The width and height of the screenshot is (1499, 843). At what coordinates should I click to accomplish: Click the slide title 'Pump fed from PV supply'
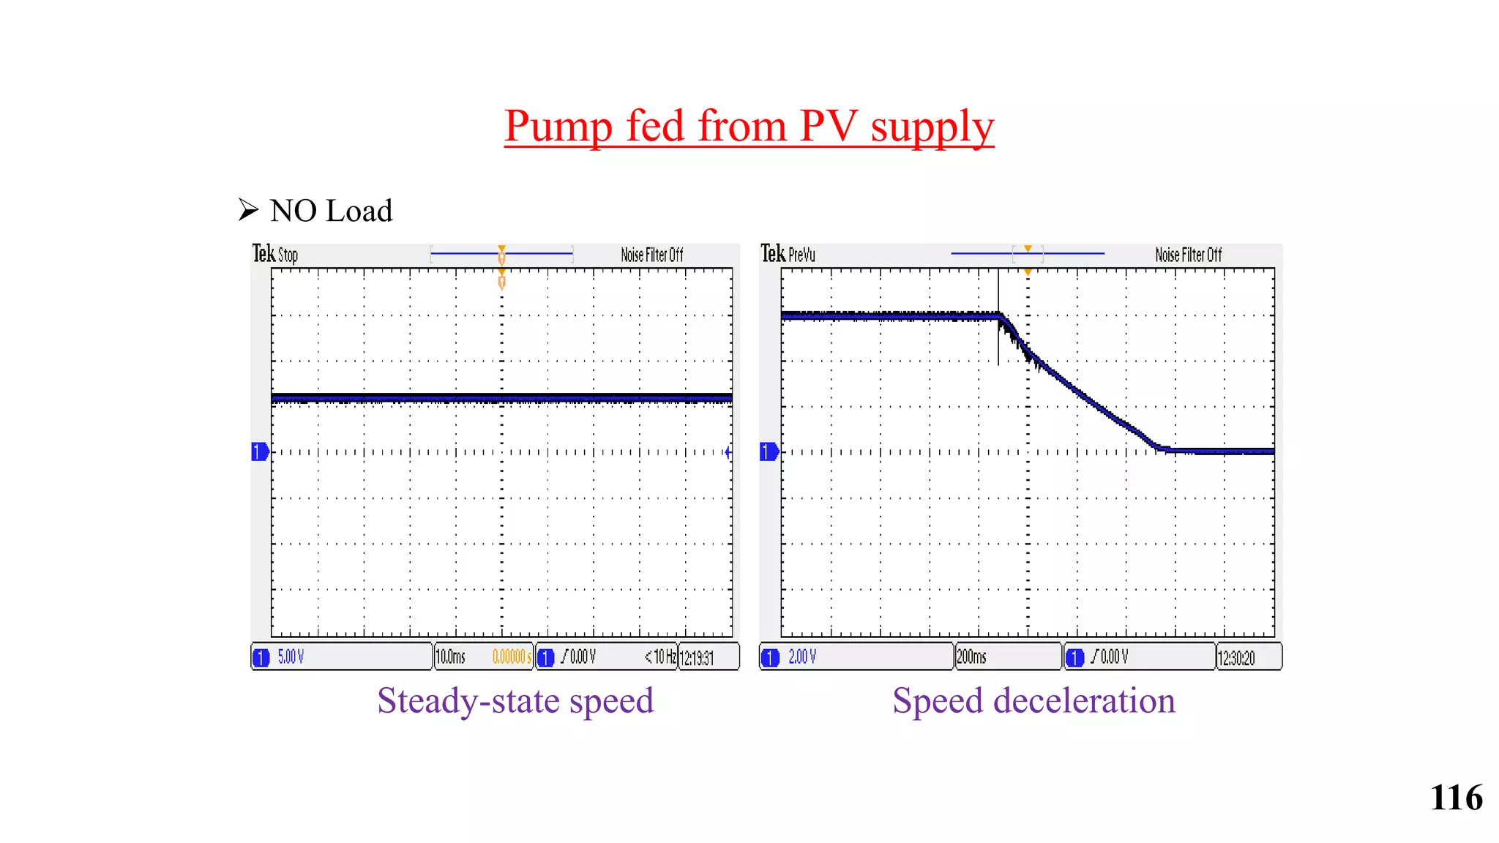click(x=749, y=126)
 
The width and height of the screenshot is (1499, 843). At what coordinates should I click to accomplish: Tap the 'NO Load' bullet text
click(x=331, y=211)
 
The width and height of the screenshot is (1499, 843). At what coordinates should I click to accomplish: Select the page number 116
click(x=1456, y=798)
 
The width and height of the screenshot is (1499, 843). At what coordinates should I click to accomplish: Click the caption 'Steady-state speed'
click(x=515, y=700)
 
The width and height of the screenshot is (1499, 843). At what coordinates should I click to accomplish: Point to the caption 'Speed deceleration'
click(x=1033, y=700)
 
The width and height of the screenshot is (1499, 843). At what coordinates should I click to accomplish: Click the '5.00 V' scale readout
click(x=291, y=657)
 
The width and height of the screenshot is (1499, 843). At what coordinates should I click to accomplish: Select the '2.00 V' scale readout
click(x=802, y=657)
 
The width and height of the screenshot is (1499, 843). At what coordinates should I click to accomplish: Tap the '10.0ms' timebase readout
click(x=451, y=657)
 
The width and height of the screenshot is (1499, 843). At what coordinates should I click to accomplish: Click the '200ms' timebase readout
click(x=971, y=657)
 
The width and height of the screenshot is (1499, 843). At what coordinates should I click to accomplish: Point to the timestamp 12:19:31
click(x=697, y=658)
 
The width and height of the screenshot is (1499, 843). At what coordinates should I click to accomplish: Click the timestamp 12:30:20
click(x=1236, y=658)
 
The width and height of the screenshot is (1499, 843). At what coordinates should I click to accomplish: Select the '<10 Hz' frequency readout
click(x=660, y=656)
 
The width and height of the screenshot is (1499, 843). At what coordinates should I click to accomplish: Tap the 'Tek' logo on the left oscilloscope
click(x=263, y=253)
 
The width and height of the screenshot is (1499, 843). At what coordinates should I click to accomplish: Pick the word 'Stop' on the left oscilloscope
click(x=288, y=255)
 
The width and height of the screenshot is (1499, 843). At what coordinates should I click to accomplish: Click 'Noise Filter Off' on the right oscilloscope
click(x=1188, y=255)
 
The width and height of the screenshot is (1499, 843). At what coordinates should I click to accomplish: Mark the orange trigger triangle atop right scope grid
click(x=1028, y=272)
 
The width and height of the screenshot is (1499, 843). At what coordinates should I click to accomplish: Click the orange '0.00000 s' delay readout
click(x=512, y=657)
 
